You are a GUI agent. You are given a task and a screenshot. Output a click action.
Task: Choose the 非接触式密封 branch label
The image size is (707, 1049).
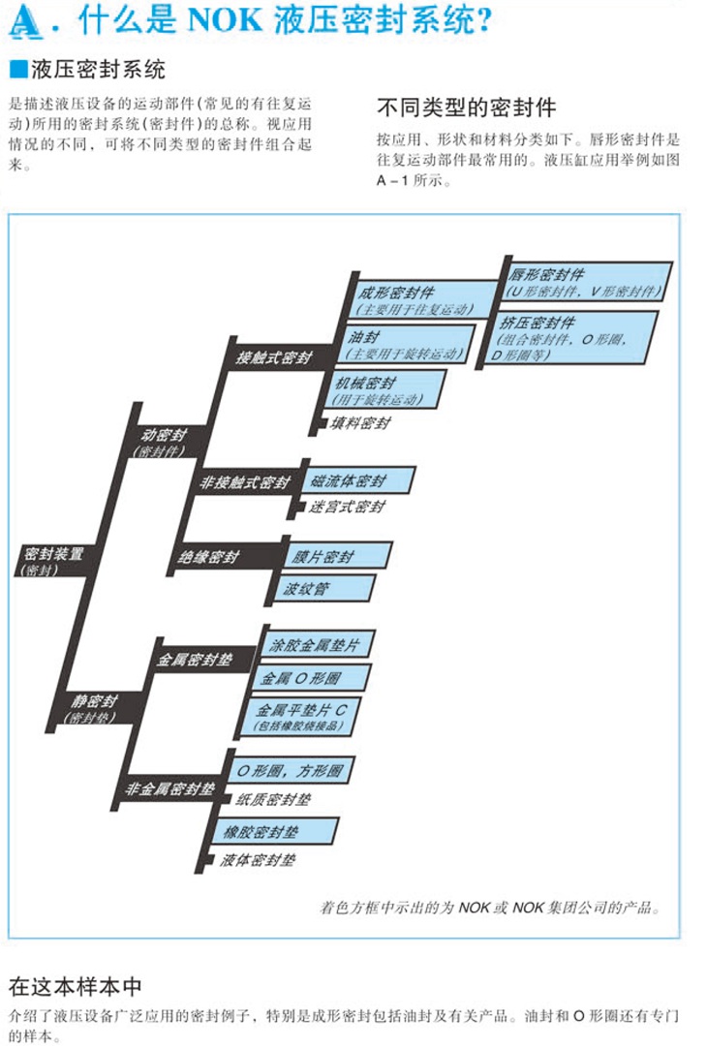[x=244, y=482]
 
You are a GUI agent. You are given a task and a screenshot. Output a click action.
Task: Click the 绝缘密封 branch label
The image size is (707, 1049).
[x=208, y=557]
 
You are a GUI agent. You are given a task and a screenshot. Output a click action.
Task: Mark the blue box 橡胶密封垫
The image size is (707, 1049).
[x=277, y=831]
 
